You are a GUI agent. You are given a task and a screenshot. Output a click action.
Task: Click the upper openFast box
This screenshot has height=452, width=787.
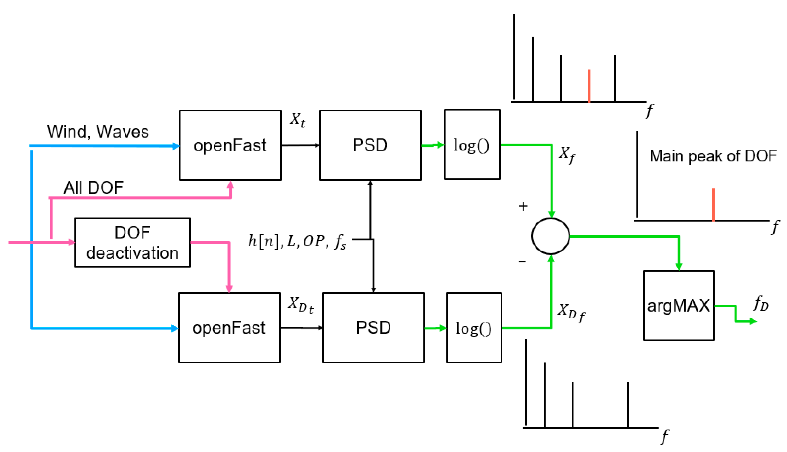pyautogui.click(x=230, y=145)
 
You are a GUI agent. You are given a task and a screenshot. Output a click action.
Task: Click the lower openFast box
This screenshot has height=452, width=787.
pyautogui.click(x=229, y=328)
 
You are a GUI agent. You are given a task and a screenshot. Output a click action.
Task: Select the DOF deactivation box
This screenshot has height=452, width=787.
pyautogui.click(x=132, y=242)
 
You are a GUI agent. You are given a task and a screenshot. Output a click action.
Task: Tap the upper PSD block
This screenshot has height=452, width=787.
pyautogui.click(x=370, y=145)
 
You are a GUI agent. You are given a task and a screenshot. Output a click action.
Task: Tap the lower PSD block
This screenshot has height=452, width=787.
pyautogui.click(x=374, y=328)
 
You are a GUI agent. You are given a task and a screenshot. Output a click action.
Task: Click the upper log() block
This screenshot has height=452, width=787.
pyautogui.click(x=472, y=145)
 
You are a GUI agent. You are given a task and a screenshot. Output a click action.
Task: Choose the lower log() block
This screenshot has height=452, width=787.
pyautogui.click(x=474, y=328)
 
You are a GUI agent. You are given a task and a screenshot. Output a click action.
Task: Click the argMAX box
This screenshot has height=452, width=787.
pyautogui.click(x=679, y=306)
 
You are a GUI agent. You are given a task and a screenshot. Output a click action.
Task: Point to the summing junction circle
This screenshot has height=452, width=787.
pyautogui.click(x=550, y=236)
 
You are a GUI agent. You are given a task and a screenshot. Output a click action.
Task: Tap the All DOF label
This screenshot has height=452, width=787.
pyautogui.click(x=93, y=187)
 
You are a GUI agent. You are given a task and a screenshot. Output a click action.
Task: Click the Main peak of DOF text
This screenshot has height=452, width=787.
pyautogui.click(x=713, y=156)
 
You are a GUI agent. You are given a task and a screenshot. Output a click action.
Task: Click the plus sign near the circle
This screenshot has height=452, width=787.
pyautogui.click(x=523, y=206)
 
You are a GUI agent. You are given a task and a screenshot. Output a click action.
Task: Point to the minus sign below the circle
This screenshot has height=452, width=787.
pyautogui.click(x=522, y=262)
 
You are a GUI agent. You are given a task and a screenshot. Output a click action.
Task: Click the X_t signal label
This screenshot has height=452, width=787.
pyautogui.click(x=298, y=119)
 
